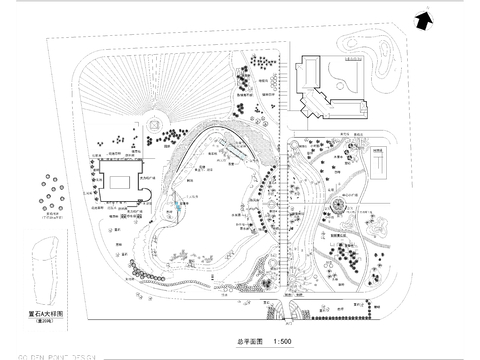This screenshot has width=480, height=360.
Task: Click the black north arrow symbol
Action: point(425,16)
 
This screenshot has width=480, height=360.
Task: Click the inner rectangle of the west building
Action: point(120,184)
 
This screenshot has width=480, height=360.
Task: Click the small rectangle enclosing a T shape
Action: point(380,161)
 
